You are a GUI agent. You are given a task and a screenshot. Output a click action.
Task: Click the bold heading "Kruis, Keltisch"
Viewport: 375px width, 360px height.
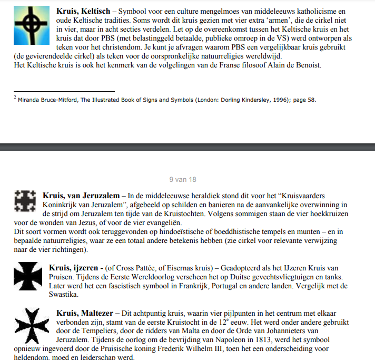pyautogui.click(x=82, y=11)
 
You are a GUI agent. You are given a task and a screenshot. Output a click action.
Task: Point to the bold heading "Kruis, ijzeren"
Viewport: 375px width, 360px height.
pyautogui.click(x=73, y=268)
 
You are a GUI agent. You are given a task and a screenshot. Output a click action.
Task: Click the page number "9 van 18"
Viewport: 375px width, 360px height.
pyautogui.click(x=183, y=179)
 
